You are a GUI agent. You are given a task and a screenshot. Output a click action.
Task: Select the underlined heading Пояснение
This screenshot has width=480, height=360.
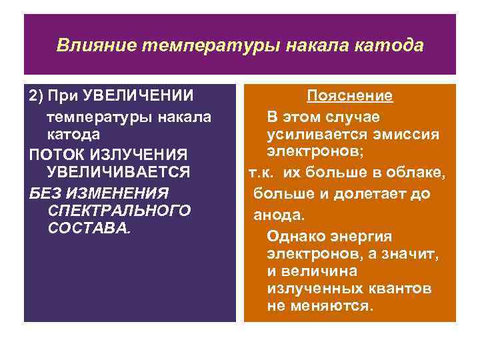(x=349, y=96)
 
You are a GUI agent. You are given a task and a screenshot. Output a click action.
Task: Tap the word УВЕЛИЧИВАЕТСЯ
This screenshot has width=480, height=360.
(x=118, y=172)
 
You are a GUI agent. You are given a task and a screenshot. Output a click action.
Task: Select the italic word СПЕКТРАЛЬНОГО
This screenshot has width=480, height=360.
(x=119, y=210)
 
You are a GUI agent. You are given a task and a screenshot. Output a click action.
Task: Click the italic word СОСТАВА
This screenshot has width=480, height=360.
(x=89, y=228)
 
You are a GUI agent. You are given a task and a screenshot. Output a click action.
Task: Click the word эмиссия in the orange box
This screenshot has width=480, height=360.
(x=409, y=135)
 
